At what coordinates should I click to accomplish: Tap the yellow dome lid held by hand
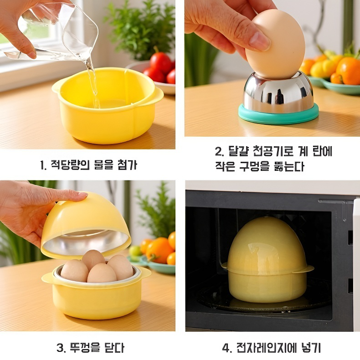tap(87, 223)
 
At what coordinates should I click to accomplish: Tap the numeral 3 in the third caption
tap(60, 348)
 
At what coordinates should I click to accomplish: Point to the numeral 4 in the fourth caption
tap(226, 348)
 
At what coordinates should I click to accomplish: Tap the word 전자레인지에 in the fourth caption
tap(264, 348)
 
